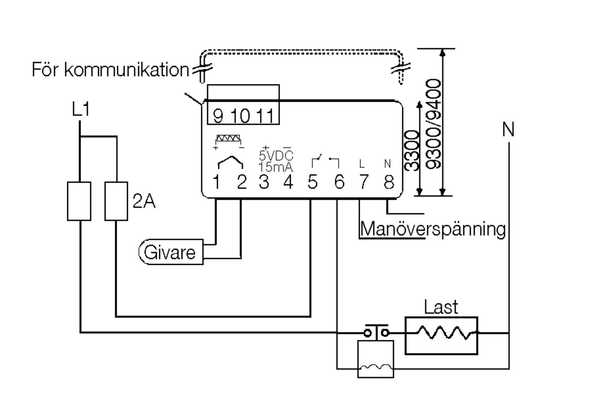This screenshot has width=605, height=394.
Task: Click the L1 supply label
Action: pyautogui.click(x=81, y=110)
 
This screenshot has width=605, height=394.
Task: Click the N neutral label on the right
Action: pyautogui.click(x=508, y=130)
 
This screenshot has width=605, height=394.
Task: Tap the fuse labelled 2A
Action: pyautogui.click(x=116, y=201)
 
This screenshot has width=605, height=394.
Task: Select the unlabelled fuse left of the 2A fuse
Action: pyautogui.click(x=79, y=201)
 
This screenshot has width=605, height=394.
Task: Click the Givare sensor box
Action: pyautogui.click(x=171, y=252)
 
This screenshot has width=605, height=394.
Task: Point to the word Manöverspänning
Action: pyautogui.click(x=432, y=229)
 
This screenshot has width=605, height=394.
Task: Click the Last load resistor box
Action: pyautogui.click(x=441, y=335)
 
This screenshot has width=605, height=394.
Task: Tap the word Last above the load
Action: pyautogui.click(x=441, y=308)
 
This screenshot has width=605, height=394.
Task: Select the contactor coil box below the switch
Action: pyautogui.click(x=376, y=359)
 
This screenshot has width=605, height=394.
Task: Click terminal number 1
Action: pyautogui.click(x=216, y=182)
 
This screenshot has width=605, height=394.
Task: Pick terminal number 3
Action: pyautogui.click(x=264, y=182)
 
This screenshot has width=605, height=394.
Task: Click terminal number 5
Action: pyautogui.click(x=312, y=182)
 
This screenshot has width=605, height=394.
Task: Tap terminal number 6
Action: pyautogui.click(x=339, y=182)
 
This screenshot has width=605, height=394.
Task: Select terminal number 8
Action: pyautogui.click(x=388, y=182)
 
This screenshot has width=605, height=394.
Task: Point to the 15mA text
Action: pyautogui.click(x=276, y=167)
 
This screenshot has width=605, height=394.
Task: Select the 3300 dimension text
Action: pyautogui.click(x=411, y=151)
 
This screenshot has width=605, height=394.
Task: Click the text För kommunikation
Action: pyautogui.click(x=110, y=69)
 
